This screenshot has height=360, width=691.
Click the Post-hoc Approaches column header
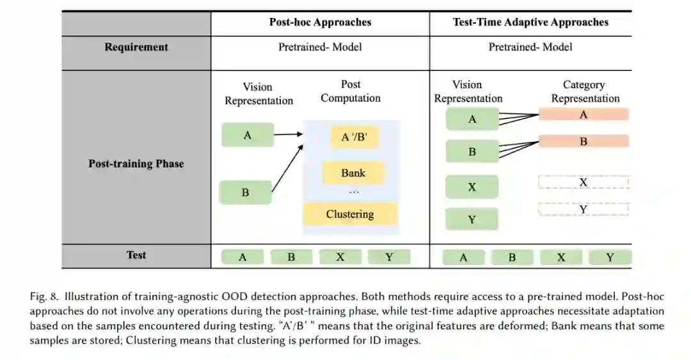click(x=320, y=22)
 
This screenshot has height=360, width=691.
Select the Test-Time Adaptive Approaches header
click(x=530, y=22)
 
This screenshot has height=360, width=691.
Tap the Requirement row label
click(x=136, y=47)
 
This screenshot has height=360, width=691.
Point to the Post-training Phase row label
click(x=136, y=164)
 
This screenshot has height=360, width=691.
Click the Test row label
click(x=136, y=255)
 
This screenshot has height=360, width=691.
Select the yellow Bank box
click(x=353, y=173)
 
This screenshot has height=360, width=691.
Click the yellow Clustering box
click(x=350, y=214)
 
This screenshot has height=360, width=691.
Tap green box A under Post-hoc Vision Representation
click(x=248, y=135)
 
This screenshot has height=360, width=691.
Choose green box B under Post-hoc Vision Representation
click(x=245, y=192)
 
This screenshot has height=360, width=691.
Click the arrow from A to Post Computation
click(x=288, y=134)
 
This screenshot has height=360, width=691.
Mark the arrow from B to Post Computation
click(x=287, y=168)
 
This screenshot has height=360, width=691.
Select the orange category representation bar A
click(x=584, y=114)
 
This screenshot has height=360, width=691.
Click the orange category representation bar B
click(x=584, y=141)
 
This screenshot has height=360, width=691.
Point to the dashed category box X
click(x=584, y=182)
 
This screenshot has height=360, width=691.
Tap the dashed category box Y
click(x=584, y=209)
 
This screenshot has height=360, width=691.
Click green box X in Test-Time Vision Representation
click(x=472, y=187)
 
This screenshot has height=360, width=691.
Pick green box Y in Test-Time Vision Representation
click(x=472, y=219)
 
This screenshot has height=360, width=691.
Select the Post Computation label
click(x=351, y=91)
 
